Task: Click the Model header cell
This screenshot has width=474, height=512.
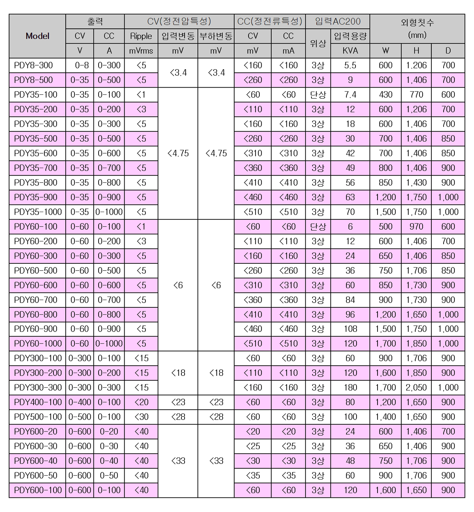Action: click(x=37, y=36)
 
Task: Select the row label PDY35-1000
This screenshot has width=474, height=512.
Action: click(x=38, y=212)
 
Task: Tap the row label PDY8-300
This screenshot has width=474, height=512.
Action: click(x=33, y=65)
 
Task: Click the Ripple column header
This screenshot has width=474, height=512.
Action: click(x=141, y=36)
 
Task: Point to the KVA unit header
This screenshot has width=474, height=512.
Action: click(x=350, y=51)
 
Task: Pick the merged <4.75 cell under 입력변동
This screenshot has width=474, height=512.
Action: click(x=178, y=154)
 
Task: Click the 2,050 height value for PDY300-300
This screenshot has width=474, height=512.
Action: click(x=416, y=388)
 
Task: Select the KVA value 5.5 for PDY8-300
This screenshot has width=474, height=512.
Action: click(x=350, y=65)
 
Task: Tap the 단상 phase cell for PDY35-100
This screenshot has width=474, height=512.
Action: click(x=318, y=95)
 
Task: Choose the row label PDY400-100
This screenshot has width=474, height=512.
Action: click(x=38, y=402)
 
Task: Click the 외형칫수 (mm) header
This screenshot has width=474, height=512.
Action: click(x=417, y=29)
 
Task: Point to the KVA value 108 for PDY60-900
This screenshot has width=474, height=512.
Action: click(x=350, y=329)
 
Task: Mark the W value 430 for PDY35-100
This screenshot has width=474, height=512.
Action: click(x=385, y=95)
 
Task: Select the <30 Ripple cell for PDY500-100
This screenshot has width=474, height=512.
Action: click(x=141, y=417)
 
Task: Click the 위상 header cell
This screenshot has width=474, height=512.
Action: click(x=318, y=43)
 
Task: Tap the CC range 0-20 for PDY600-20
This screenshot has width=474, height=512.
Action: click(x=109, y=432)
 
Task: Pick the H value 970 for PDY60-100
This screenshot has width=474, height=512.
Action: click(x=416, y=227)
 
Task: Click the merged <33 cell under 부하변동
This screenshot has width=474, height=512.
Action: click(x=216, y=461)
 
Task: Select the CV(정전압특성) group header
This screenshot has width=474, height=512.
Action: click(x=179, y=22)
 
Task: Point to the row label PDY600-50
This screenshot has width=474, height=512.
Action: click(x=36, y=476)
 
